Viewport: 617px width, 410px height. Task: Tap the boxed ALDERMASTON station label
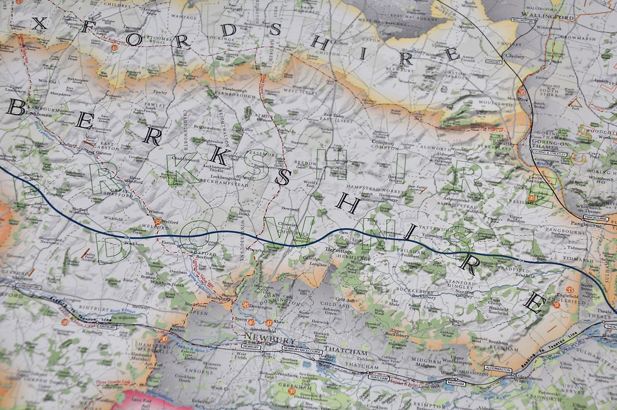(x=498, y=368)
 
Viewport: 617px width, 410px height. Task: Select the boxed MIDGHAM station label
(x=455, y=383)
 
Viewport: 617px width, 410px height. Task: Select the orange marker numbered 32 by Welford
(x=157, y=222)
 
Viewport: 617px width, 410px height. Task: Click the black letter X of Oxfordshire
(x=39, y=24)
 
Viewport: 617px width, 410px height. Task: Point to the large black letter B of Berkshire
(x=16, y=107)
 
